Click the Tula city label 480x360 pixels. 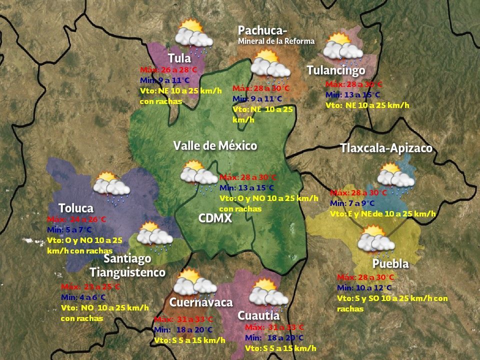(x=179, y=58)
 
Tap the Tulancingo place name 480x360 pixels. (x=336, y=70)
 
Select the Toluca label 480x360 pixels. (x=76, y=208)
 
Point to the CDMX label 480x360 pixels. (x=215, y=218)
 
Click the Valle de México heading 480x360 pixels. (x=215, y=146)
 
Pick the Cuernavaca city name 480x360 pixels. (x=201, y=302)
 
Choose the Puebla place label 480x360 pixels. (x=390, y=263)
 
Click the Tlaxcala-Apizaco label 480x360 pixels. (x=386, y=148)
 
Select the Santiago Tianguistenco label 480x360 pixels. (x=127, y=265)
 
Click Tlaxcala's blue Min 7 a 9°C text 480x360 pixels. (x=352, y=203)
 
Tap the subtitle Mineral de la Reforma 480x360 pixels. (x=276, y=41)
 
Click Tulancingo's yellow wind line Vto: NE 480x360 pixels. (x=367, y=105)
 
